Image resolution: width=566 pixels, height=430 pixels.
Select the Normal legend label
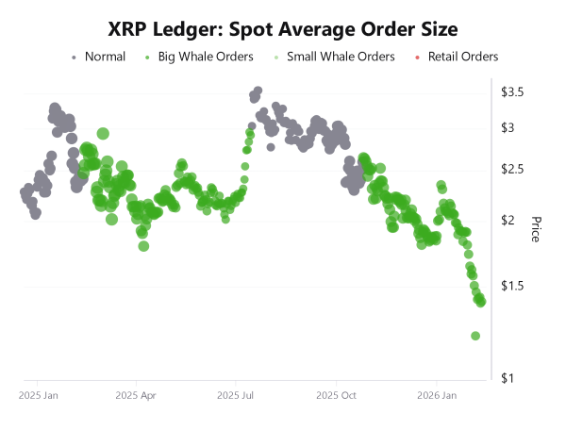105,58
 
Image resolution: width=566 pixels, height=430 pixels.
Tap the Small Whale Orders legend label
340,58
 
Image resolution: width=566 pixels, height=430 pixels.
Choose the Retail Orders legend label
463,58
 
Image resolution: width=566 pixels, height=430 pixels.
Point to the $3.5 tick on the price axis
512,92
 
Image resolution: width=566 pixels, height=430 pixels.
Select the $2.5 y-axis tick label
512,170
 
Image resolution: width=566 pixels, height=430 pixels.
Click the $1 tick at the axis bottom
508,379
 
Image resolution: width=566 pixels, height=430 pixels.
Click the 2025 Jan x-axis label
39,396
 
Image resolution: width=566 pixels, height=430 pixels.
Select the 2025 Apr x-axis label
136,396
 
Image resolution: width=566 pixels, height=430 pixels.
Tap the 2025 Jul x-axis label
235,396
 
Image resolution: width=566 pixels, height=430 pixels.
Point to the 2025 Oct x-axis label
335,396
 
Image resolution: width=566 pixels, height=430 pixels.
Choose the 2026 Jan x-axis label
436,396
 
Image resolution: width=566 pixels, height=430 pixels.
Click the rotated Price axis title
535,229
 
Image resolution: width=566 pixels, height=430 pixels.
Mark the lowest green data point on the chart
475,336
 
